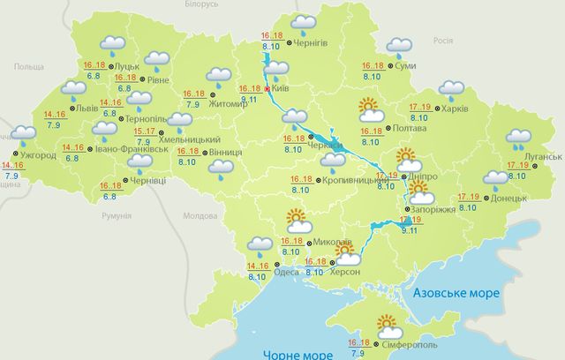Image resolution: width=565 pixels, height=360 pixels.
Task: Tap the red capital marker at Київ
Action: [268, 89]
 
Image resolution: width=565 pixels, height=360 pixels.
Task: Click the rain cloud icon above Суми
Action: [400, 45]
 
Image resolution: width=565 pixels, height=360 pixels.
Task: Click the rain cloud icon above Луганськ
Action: [516, 138]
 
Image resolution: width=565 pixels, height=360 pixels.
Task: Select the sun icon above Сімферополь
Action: [388, 324]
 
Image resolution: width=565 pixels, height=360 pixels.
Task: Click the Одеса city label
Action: [286, 273]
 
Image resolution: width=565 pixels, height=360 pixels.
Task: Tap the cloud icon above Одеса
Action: [260, 244]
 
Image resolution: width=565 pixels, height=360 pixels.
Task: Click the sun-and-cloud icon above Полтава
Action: [369, 110]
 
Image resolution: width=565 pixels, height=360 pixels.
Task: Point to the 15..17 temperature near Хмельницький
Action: [144, 131]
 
